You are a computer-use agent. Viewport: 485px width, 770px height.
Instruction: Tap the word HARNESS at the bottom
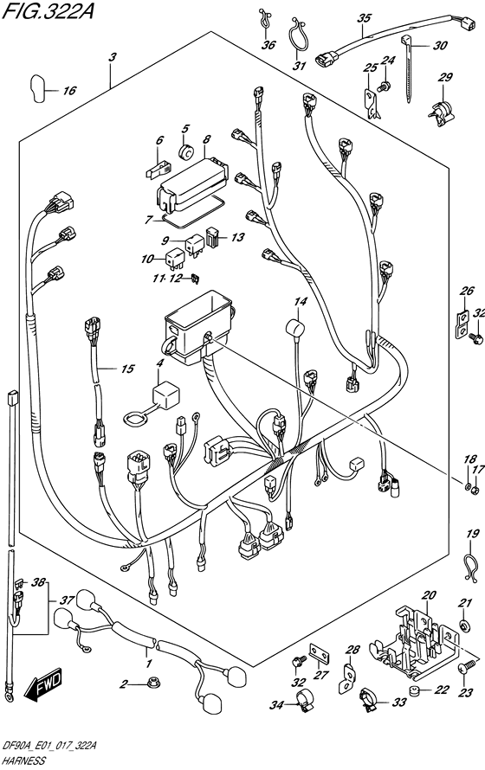click(x=23, y=761)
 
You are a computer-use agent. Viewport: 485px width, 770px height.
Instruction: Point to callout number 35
click(x=365, y=18)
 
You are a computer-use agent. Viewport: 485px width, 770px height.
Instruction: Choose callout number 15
click(x=126, y=369)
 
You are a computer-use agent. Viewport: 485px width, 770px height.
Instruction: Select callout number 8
click(x=206, y=139)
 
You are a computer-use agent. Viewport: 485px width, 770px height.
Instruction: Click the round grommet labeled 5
click(x=184, y=154)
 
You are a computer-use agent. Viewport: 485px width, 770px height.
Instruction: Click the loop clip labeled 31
click(x=300, y=39)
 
